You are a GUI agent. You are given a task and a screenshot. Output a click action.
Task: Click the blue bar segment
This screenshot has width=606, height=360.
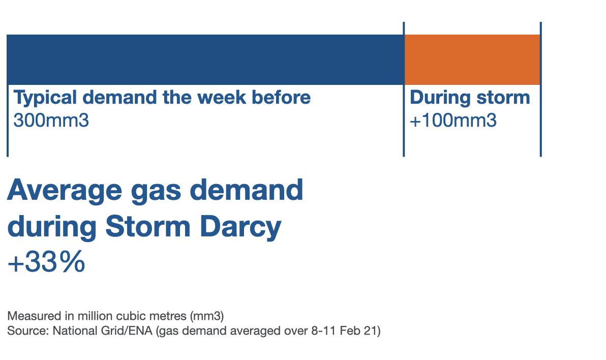click(205, 59)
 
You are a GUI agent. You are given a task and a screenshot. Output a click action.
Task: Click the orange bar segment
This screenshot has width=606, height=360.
click(472, 59)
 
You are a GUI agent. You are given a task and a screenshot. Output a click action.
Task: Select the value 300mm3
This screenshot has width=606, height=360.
click(51, 121)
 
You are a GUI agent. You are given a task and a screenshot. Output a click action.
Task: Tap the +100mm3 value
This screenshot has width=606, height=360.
click(453, 121)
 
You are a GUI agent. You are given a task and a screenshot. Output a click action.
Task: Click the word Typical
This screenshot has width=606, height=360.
click(45, 98)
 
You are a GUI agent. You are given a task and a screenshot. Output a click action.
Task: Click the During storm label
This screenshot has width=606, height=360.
click(470, 98)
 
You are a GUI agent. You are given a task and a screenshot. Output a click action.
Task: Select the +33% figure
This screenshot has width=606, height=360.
click(46, 262)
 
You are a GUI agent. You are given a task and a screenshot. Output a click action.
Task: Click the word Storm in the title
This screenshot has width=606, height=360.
click(148, 226)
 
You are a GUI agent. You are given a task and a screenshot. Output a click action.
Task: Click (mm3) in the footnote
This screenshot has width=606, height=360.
click(207, 316)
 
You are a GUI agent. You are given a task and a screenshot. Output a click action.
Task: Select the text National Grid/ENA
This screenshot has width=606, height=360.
click(102, 331)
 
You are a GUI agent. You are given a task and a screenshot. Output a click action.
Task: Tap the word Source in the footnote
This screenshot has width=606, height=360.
click(28, 331)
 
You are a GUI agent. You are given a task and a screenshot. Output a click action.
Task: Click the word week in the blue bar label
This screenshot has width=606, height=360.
click(222, 97)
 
